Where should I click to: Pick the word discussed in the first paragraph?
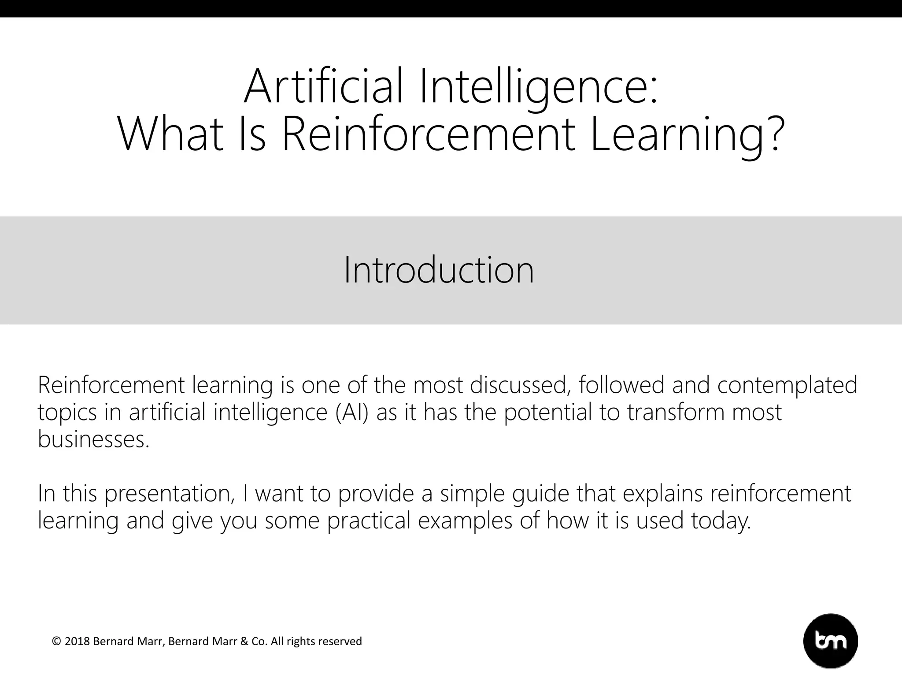[x=518, y=385]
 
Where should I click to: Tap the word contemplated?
[x=787, y=385]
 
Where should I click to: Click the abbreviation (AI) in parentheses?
[x=351, y=412]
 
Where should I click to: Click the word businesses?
[x=93, y=439]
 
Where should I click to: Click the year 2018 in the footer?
[x=78, y=641]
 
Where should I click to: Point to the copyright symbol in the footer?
[x=56, y=641]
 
